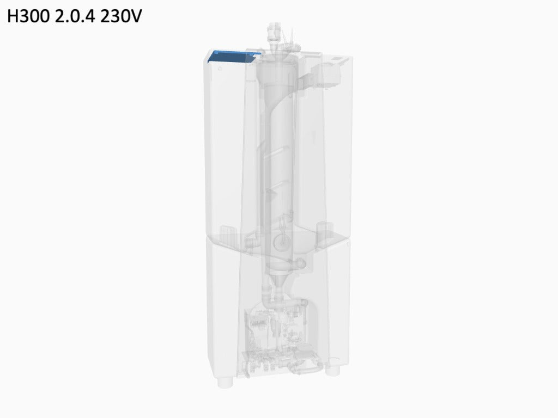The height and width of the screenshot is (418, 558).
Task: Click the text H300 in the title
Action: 28,16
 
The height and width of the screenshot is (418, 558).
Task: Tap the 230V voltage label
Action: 121,16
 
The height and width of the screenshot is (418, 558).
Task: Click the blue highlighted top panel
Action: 233,57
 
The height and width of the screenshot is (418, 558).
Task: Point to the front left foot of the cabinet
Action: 225,383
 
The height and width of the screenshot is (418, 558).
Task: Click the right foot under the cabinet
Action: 333,371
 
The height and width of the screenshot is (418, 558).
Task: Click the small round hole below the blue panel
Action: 220,68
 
